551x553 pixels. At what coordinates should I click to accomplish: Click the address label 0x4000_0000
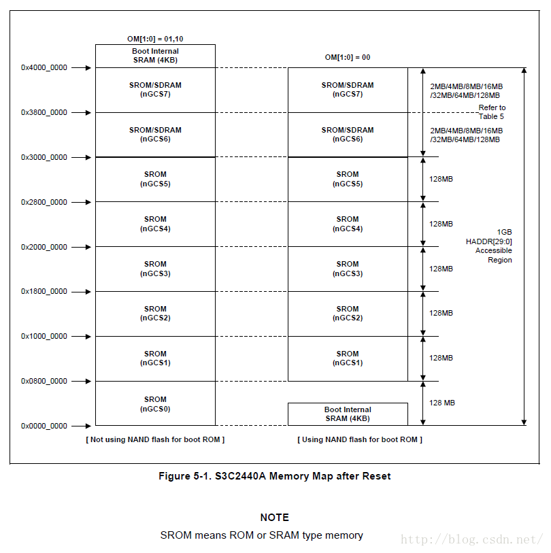(x=44, y=67)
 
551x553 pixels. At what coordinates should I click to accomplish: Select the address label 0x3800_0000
(x=44, y=112)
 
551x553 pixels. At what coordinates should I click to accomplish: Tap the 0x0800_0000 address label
(x=44, y=381)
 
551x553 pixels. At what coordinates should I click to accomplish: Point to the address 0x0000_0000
(x=44, y=426)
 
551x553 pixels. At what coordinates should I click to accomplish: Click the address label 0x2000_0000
(x=44, y=247)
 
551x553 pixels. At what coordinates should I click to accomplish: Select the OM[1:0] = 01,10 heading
(x=154, y=39)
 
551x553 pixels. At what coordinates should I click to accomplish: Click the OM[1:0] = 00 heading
(x=347, y=58)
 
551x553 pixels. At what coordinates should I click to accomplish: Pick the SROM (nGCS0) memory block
(x=155, y=404)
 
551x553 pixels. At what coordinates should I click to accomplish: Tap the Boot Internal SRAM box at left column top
(x=155, y=56)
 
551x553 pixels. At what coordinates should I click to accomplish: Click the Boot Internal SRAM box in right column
(x=348, y=414)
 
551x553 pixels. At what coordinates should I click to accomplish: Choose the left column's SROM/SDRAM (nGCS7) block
(x=155, y=90)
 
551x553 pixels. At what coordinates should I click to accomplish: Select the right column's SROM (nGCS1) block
(x=348, y=358)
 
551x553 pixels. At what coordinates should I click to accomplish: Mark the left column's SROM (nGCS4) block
(x=155, y=224)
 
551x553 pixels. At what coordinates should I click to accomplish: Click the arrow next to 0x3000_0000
(x=81, y=157)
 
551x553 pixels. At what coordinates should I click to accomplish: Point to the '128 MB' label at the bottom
(x=442, y=403)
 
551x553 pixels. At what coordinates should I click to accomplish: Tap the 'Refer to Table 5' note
(x=492, y=112)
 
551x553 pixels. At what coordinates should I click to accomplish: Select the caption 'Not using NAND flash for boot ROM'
(x=155, y=439)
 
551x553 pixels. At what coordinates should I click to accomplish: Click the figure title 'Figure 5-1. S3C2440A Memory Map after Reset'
(x=275, y=476)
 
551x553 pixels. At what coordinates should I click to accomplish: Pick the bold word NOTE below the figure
(x=274, y=518)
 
